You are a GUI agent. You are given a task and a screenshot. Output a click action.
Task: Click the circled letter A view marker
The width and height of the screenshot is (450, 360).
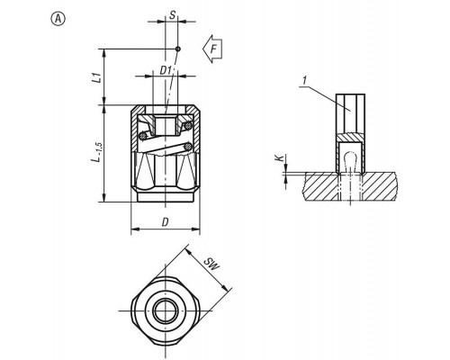point(58,19)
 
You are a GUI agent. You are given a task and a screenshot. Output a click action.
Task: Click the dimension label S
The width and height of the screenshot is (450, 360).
point(172,15)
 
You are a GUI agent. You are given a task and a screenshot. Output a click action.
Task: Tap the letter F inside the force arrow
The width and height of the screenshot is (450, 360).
point(214,49)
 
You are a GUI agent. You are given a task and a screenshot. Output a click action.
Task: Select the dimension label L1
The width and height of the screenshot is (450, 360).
point(96,76)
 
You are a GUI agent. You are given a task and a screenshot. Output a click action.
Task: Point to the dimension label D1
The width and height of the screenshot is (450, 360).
point(166,70)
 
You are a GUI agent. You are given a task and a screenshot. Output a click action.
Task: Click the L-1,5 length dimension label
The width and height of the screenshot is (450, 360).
point(98,152)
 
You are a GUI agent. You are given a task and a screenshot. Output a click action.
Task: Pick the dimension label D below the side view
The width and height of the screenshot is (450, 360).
point(165,222)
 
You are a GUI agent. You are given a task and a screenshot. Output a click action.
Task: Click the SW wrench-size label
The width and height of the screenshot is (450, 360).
point(211,264)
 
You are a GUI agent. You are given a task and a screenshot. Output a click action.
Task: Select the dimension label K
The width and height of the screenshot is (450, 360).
point(280,158)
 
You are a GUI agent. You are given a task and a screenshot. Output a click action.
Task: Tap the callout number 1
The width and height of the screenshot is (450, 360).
point(305,80)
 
